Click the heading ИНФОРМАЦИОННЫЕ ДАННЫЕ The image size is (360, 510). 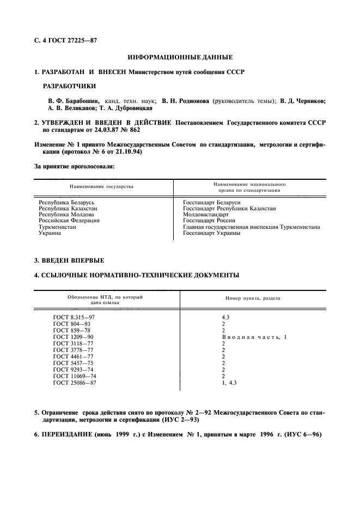(180, 57)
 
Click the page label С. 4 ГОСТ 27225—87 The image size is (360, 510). (65, 39)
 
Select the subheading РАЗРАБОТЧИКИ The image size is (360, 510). (69, 86)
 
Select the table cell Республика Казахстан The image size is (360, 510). (66, 208)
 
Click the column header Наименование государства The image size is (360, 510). (101, 186)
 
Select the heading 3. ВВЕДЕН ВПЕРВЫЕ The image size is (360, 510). (69, 260)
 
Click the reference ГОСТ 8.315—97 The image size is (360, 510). (74, 317)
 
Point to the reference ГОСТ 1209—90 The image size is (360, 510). (73, 337)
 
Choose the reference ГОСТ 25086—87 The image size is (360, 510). (75, 383)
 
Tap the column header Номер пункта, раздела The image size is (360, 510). (254, 298)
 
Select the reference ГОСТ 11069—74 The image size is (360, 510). (75, 376)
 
